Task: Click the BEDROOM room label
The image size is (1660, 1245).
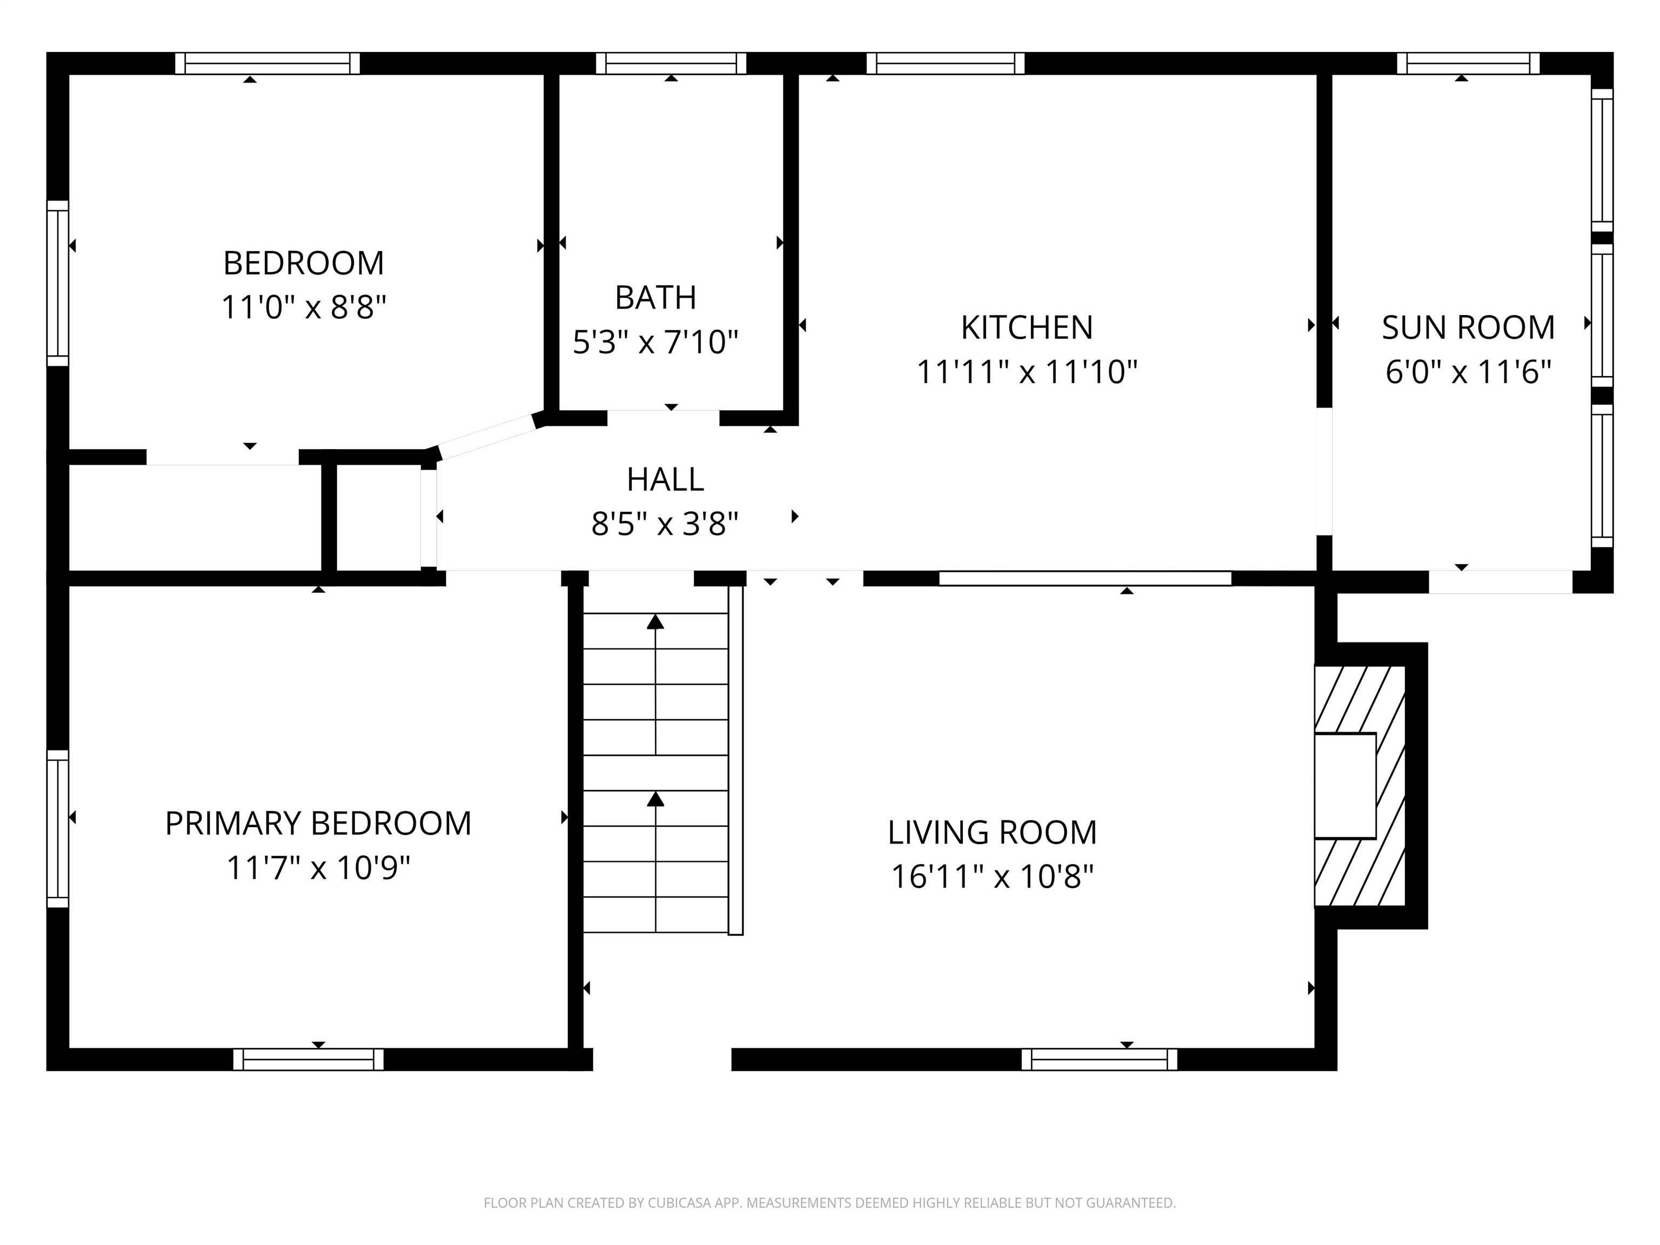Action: pos(303,263)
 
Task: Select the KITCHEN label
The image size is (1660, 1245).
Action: pos(1027,328)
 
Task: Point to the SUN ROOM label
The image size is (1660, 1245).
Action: pos(1468,328)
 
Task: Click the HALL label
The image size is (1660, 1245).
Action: pos(665,479)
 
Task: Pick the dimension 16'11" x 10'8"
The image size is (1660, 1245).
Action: pos(992,876)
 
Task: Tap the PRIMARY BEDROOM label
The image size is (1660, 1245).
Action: pos(318,824)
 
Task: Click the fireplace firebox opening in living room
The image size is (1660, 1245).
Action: pos(1345,785)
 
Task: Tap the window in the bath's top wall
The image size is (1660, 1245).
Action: pos(671,64)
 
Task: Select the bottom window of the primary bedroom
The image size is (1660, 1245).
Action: pos(309,1059)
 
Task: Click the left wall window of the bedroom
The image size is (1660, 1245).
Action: pos(58,284)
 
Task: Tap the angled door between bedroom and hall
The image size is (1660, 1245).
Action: pos(486,437)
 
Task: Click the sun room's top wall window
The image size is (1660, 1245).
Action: pos(1468,64)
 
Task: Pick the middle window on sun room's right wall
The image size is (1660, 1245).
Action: pos(1602,315)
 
